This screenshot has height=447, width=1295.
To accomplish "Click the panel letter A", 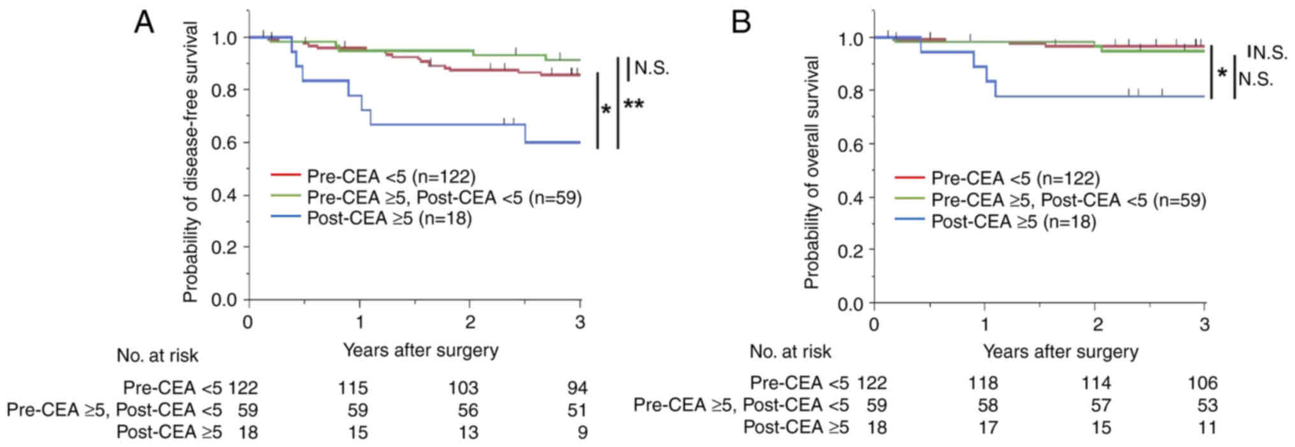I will tap(145, 24).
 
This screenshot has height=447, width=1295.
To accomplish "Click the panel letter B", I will tap(742, 24).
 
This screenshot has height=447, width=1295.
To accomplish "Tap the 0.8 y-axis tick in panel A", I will tap(224, 90).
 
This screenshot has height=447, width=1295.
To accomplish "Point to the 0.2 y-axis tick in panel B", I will tap(850, 250).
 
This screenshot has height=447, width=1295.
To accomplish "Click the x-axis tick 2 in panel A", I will tap(470, 322).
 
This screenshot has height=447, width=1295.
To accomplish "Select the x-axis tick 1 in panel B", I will tap(985, 325).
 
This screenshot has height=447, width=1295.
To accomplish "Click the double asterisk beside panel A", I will tap(633, 104).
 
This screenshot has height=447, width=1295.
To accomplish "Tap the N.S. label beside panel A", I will tap(652, 68).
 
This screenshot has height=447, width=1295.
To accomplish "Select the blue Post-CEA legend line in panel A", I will tap(285, 218).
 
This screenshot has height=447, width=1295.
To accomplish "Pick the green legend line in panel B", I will tap(909, 201).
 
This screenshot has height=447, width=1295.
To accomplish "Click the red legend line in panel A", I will tap(285, 176).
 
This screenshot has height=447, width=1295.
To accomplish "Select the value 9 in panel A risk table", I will tap(582, 433).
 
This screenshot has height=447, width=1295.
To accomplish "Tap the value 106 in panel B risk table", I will tap(1203, 383).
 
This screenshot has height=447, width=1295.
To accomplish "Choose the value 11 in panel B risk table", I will tap(1207, 427).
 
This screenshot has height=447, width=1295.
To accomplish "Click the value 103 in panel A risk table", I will tap(463, 388).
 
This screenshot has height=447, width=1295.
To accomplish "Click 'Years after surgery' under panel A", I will tap(421, 350).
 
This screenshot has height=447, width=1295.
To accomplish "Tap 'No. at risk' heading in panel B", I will tap(790, 351).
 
